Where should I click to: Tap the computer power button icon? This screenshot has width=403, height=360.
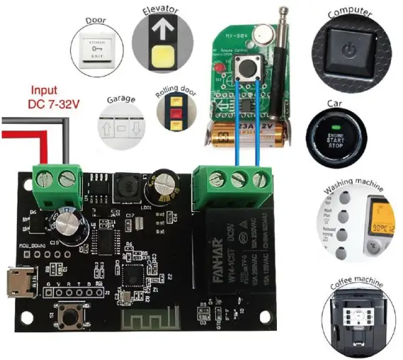pyautogui.click(x=352, y=52)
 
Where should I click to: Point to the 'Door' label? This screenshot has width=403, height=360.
pyautogui.click(x=96, y=21)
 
